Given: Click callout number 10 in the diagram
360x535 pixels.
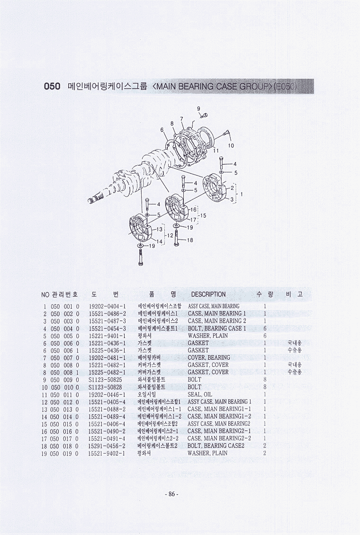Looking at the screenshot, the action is pyautogui.click(x=231, y=145).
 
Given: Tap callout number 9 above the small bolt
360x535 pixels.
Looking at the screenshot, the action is pyautogui.click(x=198, y=108).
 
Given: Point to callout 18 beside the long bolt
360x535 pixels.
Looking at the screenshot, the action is pyautogui.click(x=190, y=240).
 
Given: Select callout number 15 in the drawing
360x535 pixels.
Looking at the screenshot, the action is pyautogui.click(x=203, y=215).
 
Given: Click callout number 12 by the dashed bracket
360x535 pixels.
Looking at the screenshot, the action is pyautogui.click(x=171, y=235).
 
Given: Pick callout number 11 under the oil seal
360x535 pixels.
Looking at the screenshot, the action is pyautogui.click(x=216, y=150).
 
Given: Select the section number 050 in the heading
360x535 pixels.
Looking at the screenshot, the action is pyautogui.click(x=52, y=86).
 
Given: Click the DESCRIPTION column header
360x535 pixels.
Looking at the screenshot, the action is pyautogui.click(x=208, y=294).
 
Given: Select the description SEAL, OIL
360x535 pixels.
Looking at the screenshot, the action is pyautogui.click(x=200, y=394).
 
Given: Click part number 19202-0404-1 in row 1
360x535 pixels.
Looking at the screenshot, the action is pyautogui.click(x=108, y=306).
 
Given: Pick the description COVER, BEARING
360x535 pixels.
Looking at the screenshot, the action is pyautogui.click(x=209, y=357).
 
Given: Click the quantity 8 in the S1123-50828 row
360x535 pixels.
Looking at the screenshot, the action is pyautogui.click(x=265, y=387).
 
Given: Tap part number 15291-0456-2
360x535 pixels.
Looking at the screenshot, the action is pyautogui.click(x=107, y=446).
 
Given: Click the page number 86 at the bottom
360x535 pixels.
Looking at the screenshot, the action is pyautogui.click(x=171, y=494).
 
